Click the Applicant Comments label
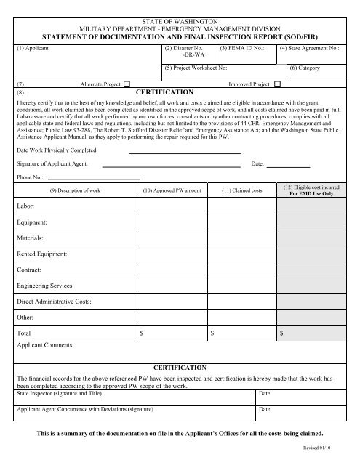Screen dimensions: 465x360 [x=46, y=345]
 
